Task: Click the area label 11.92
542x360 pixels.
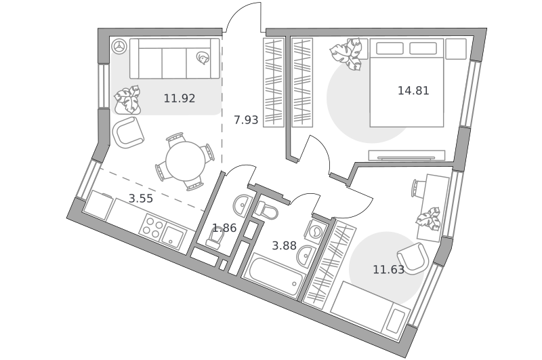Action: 180,98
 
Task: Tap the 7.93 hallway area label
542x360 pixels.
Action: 246,120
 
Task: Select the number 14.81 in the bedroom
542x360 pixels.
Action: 413,91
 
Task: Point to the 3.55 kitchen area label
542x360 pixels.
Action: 141,199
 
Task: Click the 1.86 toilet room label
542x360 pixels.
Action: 224,228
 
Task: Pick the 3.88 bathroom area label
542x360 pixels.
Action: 284,246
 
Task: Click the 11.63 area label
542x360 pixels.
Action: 388,269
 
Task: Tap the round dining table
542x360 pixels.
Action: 186,161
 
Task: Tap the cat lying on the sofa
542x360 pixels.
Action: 202,58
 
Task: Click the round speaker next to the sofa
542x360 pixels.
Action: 120,46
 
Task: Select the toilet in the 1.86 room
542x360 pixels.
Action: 216,238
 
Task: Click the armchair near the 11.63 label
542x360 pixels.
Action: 413,258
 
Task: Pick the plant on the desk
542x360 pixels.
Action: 429,218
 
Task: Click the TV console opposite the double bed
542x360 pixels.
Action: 406,155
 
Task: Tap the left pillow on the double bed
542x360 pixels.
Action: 390,48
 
